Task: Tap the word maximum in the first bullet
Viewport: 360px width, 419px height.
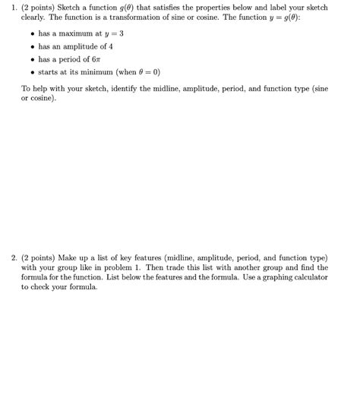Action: [x=71, y=33]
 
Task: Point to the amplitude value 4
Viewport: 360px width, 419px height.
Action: [x=110, y=46]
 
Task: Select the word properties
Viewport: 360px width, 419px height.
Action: [x=226, y=8]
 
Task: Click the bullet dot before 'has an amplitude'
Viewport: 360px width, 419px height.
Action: [x=30, y=46]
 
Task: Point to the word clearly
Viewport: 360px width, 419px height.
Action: [x=33, y=17]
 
